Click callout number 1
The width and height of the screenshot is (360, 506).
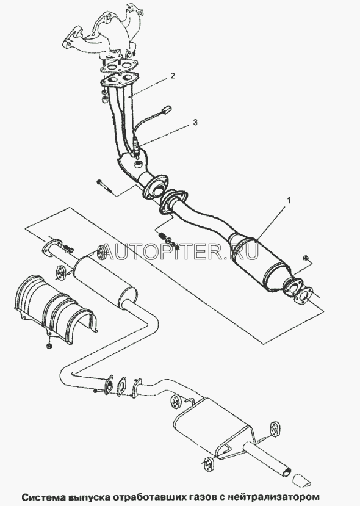[x=289, y=201]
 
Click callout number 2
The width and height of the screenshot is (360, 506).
[x=173, y=76]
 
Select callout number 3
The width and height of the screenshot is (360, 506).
[x=195, y=122]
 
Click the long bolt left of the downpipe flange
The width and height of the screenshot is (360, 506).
[x=104, y=187]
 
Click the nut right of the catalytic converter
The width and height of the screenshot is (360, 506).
[x=306, y=258]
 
